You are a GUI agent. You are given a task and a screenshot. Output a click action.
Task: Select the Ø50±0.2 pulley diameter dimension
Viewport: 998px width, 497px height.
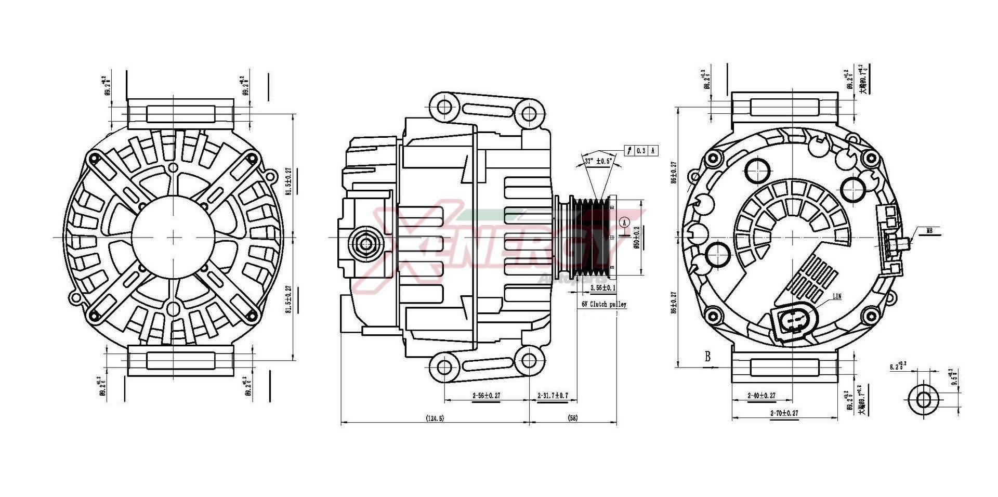(636, 237)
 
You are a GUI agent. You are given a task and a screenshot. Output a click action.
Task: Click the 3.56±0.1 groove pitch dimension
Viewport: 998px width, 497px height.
(603, 287)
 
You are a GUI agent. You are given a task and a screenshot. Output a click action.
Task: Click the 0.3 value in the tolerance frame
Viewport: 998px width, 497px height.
(641, 151)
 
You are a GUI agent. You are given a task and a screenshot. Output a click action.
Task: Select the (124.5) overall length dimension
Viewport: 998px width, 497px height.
(435, 418)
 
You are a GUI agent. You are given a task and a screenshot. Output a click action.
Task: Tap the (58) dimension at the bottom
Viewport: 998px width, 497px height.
(573, 418)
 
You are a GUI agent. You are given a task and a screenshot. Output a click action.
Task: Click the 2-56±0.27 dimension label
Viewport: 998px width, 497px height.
(486, 396)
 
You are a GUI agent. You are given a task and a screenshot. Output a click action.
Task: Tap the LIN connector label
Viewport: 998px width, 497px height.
(837, 297)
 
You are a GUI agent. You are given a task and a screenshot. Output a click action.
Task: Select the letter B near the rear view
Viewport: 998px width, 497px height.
(707, 357)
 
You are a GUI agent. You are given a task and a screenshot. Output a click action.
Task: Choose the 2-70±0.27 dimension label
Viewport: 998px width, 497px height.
(784, 413)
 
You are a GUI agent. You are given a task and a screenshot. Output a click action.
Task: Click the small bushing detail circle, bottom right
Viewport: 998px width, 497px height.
(924, 400)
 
